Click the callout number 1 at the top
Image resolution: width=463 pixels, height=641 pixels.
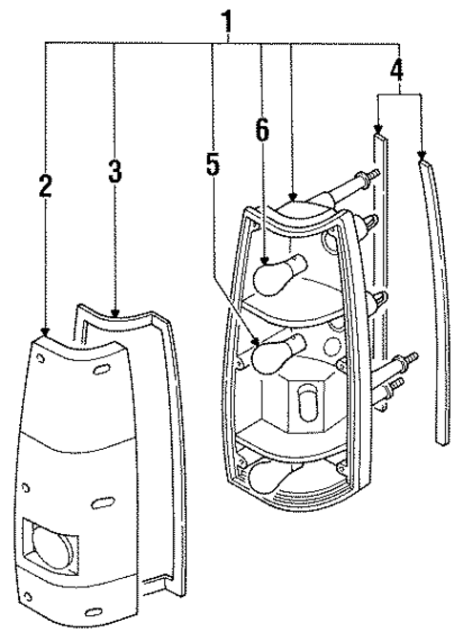click(x=226, y=19)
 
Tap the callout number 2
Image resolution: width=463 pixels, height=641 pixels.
click(x=45, y=185)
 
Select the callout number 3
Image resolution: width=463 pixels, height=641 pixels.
click(x=114, y=171)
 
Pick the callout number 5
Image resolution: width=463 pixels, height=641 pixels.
click(x=213, y=164)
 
